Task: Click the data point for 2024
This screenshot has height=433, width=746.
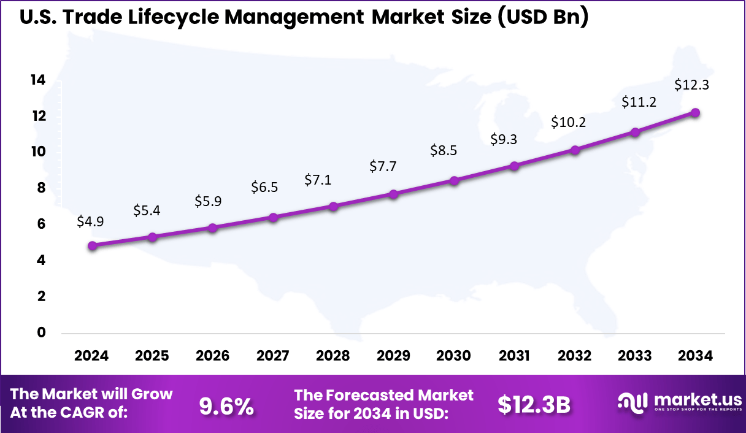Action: pos(92,245)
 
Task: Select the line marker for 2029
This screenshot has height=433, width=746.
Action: pos(394,194)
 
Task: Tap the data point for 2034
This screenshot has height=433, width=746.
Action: pos(695,112)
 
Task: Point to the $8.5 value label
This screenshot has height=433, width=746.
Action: pos(444,150)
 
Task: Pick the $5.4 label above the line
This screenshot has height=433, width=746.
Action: pos(147,211)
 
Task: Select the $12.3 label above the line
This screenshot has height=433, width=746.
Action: pos(691,85)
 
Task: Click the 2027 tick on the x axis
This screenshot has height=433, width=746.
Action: pos(272,356)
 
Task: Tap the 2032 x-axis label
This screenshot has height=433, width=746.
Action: pos(575,356)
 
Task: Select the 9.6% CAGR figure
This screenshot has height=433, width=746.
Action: pos(226,405)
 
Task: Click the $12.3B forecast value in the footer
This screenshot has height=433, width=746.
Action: pos(534,405)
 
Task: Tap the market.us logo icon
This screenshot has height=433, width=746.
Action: pos(632,402)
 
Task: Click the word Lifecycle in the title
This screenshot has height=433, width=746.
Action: pos(167,17)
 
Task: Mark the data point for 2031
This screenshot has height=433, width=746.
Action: pos(515,166)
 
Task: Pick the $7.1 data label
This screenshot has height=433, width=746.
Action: pos(318,180)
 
